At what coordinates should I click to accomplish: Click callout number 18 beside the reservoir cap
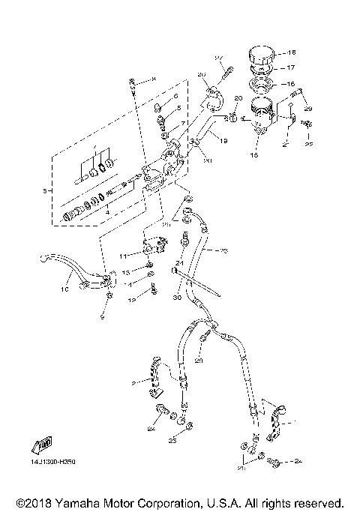(292, 53)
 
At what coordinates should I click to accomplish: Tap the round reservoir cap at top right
(263, 57)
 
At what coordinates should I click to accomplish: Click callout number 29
(307, 109)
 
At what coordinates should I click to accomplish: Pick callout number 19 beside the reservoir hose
(223, 139)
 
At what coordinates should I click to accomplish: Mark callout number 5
(178, 109)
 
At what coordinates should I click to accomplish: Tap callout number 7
(184, 123)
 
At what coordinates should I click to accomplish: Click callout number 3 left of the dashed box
(46, 192)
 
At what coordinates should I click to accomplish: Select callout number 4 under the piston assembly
(109, 212)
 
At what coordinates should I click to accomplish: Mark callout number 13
(127, 272)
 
